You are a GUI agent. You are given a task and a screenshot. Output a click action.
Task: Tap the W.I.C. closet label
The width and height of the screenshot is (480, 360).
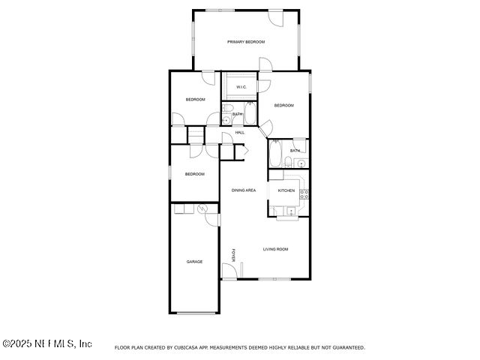241,87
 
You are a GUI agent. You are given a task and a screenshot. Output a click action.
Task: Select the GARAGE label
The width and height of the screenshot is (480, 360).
195,262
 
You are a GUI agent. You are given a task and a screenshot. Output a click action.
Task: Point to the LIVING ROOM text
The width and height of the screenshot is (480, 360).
275,249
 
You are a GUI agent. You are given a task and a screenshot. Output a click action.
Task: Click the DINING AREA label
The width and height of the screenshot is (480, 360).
244,190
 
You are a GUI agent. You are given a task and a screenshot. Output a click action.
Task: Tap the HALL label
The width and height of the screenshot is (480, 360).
240,133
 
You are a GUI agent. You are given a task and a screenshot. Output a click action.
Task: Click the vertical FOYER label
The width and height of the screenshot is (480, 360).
233,255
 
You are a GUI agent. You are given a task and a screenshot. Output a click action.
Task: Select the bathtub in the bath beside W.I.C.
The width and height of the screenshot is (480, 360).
250,114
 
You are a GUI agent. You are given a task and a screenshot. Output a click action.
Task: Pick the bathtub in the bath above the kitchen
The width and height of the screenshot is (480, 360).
275,156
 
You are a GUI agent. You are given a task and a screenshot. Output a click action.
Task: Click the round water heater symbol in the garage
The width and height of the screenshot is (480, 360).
202,209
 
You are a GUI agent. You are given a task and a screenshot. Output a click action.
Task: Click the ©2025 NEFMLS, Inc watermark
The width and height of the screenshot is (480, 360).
47,343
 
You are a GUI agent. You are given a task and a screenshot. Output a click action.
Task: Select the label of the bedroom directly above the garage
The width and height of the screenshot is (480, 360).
195,174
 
